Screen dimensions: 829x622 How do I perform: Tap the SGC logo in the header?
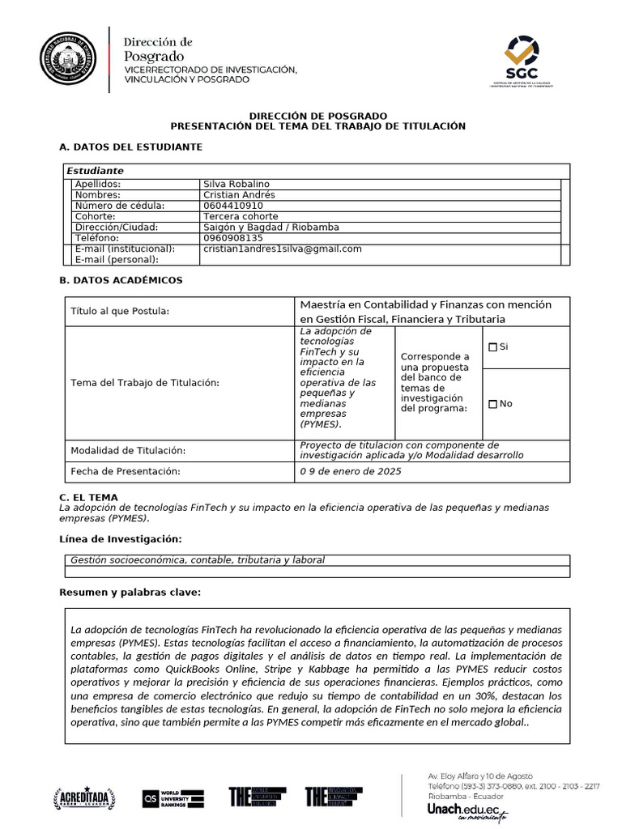click(521, 60)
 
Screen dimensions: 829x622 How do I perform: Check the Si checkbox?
click(492, 347)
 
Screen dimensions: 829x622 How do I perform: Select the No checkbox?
click(492, 404)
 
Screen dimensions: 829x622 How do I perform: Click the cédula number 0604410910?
click(233, 206)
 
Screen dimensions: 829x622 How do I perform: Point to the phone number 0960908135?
click(233, 238)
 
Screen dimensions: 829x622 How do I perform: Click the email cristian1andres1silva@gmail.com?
click(283, 249)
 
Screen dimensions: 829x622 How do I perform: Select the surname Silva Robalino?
click(236, 184)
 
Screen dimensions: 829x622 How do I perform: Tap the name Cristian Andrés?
click(239, 195)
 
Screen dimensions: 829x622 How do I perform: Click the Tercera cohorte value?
click(241, 216)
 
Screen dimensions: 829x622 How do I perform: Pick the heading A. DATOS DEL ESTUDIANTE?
click(130, 147)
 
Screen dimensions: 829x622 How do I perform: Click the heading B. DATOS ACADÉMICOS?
click(121, 280)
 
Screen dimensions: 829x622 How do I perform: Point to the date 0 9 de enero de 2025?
click(350, 471)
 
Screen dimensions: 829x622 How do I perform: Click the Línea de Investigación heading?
click(121, 539)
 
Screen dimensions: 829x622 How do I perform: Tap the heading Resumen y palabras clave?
click(130, 593)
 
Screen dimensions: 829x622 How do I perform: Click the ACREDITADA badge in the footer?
click(85, 797)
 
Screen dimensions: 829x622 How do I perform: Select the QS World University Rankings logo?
click(173, 797)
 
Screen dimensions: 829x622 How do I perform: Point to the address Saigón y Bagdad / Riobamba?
click(271, 227)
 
